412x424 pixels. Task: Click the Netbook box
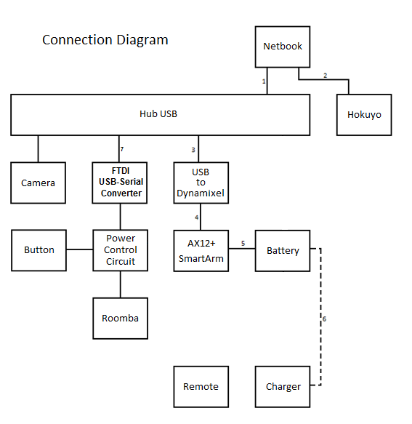point(283,47)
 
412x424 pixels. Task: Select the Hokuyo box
point(364,115)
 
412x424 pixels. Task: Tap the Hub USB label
point(158,114)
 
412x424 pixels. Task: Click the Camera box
point(38,183)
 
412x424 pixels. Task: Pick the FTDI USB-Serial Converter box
point(121,183)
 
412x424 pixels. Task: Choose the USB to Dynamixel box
point(201,183)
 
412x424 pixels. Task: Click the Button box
point(39,250)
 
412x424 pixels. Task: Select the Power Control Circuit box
point(121,250)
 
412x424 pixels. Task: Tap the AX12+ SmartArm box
point(201,250)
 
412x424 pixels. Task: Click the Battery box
point(283,250)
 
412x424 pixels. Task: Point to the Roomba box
point(121,318)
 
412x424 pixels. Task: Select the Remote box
point(201,386)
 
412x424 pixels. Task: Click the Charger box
point(283,386)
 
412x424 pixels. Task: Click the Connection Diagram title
point(105,40)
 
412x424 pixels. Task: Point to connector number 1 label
point(264,81)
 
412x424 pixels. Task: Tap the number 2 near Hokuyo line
point(325,76)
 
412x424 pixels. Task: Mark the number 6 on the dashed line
point(324,319)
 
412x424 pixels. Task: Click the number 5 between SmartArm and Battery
point(243,244)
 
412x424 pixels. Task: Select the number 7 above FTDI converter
point(122,149)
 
